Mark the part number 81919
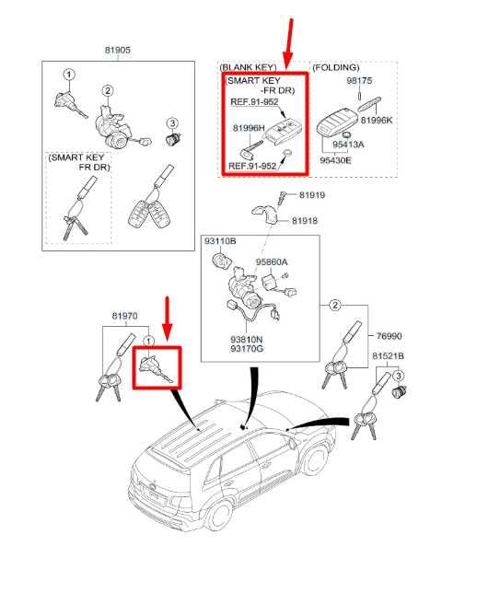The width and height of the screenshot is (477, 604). pos(309,196)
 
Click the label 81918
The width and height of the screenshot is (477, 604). pos(306,221)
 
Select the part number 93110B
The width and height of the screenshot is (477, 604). pos(220,240)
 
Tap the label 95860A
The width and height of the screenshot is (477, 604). pos(273,261)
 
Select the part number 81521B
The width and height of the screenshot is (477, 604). pos(389,354)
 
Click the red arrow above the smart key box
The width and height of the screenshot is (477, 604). pos(293,41)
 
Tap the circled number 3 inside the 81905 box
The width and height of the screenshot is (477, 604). pos(170,123)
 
